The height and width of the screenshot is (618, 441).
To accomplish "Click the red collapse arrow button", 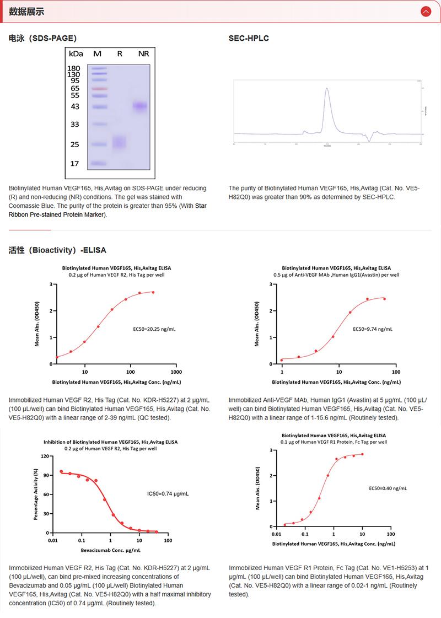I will (425, 11).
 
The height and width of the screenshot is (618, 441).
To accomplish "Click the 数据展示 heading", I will (26, 12).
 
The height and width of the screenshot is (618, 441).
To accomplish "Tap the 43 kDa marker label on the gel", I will (74, 106).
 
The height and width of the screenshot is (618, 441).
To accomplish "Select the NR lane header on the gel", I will (143, 53).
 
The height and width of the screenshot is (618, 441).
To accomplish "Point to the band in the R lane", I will (120, 143).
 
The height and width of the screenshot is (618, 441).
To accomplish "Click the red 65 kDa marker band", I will (99, 88).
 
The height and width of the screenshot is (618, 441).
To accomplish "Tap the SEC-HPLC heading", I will (249, 39).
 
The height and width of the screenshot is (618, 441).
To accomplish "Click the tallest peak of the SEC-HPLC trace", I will (327, 89).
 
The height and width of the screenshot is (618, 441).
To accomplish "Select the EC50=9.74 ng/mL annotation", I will (373, 329).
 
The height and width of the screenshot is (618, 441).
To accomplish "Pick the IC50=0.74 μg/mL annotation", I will (168, 494).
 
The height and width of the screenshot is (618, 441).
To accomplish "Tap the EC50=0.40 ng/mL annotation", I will (388, 488).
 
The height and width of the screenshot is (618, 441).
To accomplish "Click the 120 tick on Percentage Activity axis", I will (46, 456).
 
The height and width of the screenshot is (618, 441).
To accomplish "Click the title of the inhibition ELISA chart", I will (111, 442).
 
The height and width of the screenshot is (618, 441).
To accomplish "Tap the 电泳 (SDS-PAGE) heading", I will (42, 39).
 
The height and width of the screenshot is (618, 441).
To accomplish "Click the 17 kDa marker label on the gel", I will (74, 164).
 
